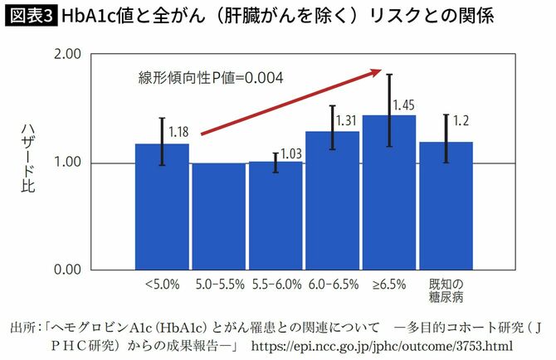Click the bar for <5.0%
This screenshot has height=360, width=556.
pyautogui.click(x=162, y=207)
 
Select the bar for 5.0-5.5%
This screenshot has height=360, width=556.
pyautogui.click(x=219, y=216)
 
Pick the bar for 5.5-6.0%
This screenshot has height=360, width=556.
pyautogui.click(x=276, y=216)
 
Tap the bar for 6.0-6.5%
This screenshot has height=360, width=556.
pyautogui.click(x=333, y=201)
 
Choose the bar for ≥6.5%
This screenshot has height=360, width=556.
pyautogui.click(x=389, y=192)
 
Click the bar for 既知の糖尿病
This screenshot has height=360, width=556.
pyautogui.click(x=446, y=206)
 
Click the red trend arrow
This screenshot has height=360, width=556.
pyautogui.click(x=290, y=102)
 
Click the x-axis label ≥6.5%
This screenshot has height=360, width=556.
pyautogui.click(x=388, y=285)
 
